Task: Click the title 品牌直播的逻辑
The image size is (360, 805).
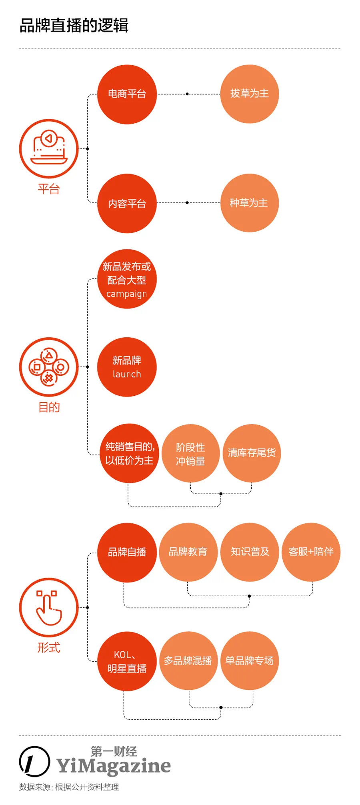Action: [74, 26]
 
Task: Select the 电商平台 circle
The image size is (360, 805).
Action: [127, 94]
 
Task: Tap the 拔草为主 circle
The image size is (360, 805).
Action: [249, 94]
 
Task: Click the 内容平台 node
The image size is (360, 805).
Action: [127, 203]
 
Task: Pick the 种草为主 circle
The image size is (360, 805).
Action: [249, 203]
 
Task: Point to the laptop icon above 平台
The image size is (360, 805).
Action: [49, 148]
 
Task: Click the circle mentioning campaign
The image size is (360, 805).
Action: [127, 279]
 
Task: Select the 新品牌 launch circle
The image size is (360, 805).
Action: [127, 367]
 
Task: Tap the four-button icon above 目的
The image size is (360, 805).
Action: [49, 367]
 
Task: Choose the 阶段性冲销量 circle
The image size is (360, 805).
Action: [190, 453]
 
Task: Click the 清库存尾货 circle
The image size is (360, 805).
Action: [252, 453]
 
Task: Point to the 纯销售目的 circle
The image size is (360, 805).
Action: [129, 453]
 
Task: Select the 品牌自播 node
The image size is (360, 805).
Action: [127, 552]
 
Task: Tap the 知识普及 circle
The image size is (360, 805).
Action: [250, 552]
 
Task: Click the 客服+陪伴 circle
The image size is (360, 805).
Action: [311, 552]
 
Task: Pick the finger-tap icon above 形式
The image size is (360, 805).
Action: [49, 607]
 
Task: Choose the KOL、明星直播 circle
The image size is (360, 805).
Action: [127, 661]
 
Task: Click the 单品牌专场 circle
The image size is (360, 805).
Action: [249, 661]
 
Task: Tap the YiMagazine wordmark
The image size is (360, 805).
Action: [114, 766]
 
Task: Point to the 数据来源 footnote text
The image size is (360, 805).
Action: [69, 787]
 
